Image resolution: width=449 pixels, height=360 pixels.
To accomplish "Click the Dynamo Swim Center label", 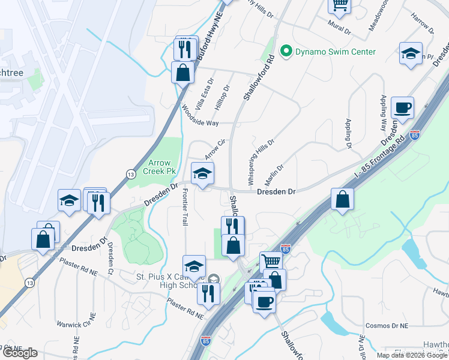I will (x=336, y=52).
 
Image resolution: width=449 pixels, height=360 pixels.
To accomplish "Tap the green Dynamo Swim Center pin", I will (x=286, y=52).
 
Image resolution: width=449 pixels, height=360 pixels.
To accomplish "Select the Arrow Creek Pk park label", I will (x=160, y=167).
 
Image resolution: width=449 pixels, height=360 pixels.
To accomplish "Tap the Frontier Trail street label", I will (x=185, y=207).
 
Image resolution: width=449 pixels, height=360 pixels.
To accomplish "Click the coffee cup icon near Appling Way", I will (x=402, y=107).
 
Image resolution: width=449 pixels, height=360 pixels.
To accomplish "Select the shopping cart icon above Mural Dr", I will (x=339, y=5).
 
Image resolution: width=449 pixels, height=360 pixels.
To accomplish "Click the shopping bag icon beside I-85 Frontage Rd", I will (x=342, y=200).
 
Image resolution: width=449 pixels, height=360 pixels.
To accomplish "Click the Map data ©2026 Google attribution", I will (x=412, y=355).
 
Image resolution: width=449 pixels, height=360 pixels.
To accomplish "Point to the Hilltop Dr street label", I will (x=222, y=96).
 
